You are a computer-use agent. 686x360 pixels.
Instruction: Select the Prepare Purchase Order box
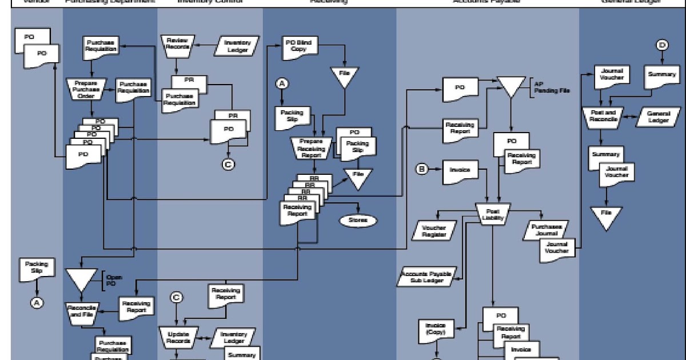pyautogui.click(x=86, y=89)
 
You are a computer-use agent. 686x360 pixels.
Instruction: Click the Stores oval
pyautogui.click(x=357, y=220)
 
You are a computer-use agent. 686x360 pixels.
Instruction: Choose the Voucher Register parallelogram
pyautogui.click(x=433, y=230)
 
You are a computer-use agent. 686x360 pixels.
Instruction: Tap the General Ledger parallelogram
pyautogui.click(x=657, y=117)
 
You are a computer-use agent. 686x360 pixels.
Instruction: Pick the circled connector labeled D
pyautogui.click(x=662, y=45)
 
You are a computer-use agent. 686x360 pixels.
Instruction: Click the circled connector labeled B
pyautogui.click(x=422, y=169)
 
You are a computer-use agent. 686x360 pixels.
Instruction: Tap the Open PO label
pyautogui.click(x=114, y=280)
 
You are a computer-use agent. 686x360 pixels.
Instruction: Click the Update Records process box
pyautogui.click(x=178, y=336)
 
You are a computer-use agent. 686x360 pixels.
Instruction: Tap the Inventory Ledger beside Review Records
pyautogui.click(x=237, y=46)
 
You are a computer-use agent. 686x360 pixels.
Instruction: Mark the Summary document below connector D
pyautogui.click(x=661, y=77)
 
